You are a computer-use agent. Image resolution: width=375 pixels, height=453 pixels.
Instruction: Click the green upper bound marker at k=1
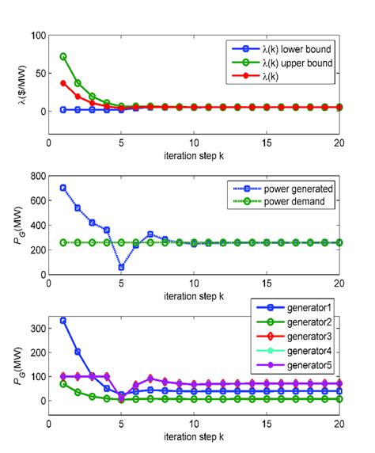coord(63,57)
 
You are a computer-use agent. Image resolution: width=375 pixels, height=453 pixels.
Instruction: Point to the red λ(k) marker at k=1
coord(63,83)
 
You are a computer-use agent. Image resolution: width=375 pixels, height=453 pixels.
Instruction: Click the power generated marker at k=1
coord(63,188)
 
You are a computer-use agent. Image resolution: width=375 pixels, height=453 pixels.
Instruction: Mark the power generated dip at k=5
coord(121,267)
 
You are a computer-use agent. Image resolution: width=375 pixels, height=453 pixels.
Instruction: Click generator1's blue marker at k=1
coord(63,321)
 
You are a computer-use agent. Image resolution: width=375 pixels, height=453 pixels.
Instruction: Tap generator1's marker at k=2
coord(78,352)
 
